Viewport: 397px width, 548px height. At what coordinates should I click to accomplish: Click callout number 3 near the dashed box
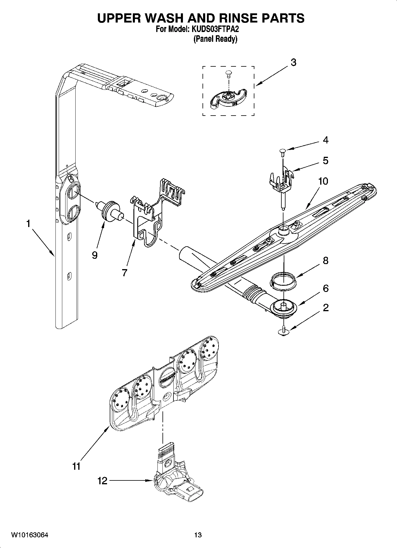[293, 63]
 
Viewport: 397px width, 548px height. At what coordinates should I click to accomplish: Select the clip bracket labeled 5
[282, 179]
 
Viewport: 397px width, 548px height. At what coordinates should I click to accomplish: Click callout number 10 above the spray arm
[323, 181]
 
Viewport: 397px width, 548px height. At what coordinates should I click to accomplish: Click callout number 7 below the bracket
[124, 272]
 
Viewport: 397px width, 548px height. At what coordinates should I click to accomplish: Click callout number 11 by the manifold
[76, 466]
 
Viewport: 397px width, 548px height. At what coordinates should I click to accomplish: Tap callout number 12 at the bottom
[102, 480]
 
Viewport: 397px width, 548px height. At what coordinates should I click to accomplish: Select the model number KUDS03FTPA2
[213, 30]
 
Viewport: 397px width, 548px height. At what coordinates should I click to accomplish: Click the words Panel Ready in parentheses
[215, 39]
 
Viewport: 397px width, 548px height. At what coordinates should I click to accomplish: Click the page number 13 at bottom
[198, 535]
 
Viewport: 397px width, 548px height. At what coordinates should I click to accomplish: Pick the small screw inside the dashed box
[228, 73]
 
